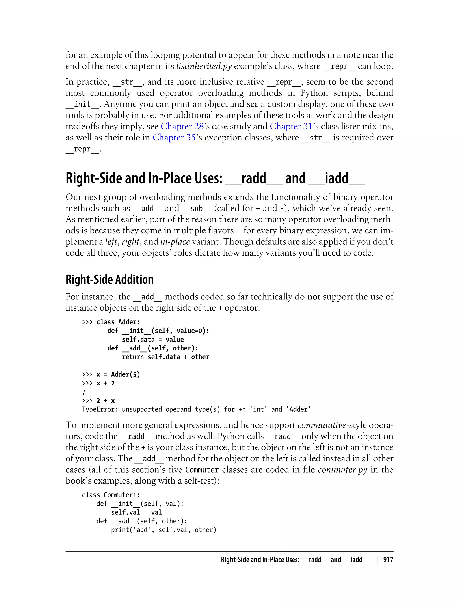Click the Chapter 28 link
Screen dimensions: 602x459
[x=182, y=126]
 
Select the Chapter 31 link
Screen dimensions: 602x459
[x=291, y=126]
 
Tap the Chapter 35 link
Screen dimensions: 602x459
[x=174, y=137]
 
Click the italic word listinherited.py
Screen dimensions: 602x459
[x=204, y=66]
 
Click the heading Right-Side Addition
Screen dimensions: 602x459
[x=110, y=279]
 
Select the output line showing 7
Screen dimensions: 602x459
[x=84, y=392]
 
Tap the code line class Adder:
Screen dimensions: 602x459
[x=118, y=322]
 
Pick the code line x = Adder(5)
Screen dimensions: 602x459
[x=118, y=374]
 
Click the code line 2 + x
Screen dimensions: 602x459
[x=106, y=401]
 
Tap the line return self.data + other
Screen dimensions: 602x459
[x=165, y=357]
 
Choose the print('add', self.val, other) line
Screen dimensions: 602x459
[x=163, y=530]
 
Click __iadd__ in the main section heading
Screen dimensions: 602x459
[x=337, y=178]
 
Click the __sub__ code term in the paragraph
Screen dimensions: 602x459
[x=196, y=208]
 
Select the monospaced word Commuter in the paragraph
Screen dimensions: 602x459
[x=202, y=470]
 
